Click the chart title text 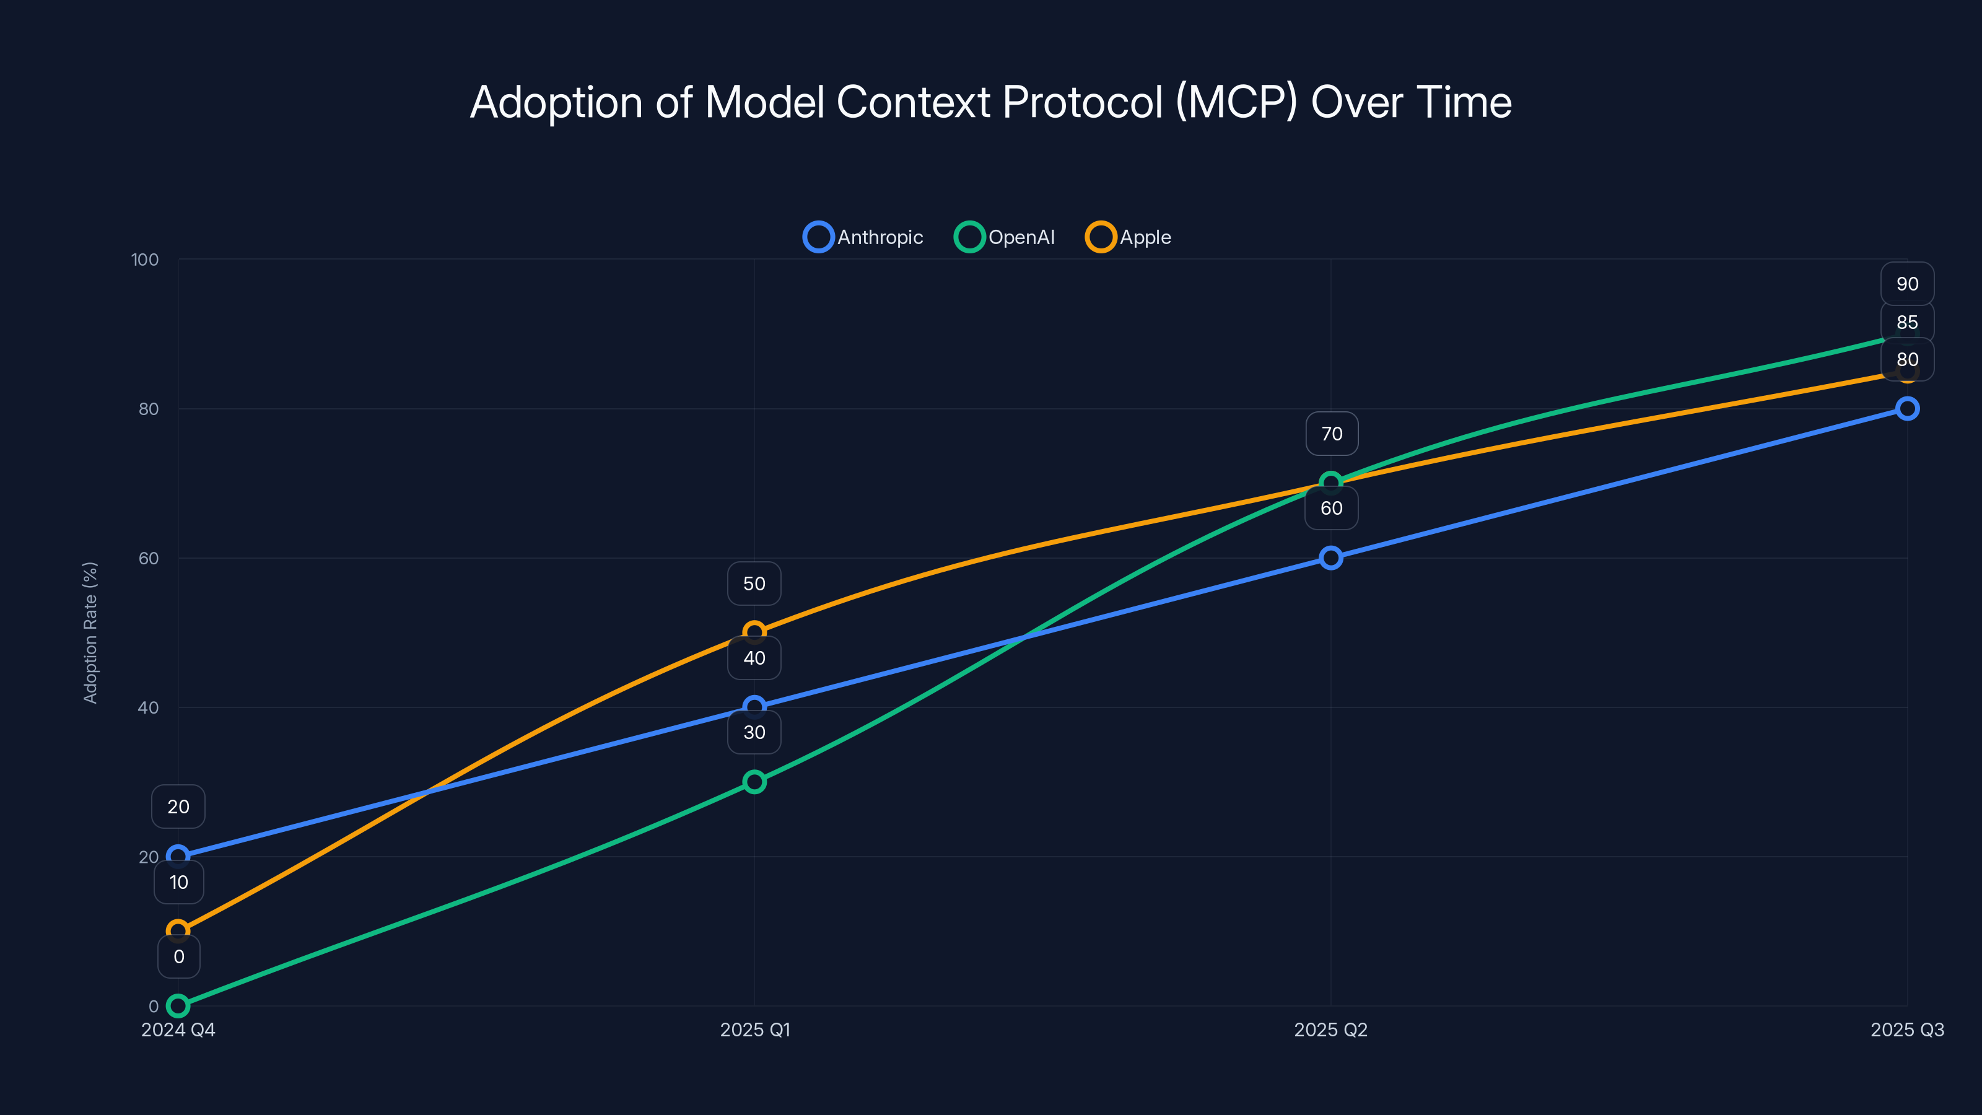pos(990,102)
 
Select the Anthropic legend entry pos(863,237)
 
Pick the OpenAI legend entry pos(1005,237)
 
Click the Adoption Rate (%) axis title pos(90,632)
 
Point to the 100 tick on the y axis pos(145,260)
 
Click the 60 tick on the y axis pos(149,558)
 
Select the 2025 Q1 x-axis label pos(755,1030)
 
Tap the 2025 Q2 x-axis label pos(1330,1030)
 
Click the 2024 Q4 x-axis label pos(178,1030)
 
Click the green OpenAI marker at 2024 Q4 pos(178,1006)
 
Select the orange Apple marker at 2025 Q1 pos(755,632)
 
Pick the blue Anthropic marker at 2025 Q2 pos(1331,558)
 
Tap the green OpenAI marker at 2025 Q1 pos(755,782)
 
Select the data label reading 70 pos(1332,434)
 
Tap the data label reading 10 pos(178,882)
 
